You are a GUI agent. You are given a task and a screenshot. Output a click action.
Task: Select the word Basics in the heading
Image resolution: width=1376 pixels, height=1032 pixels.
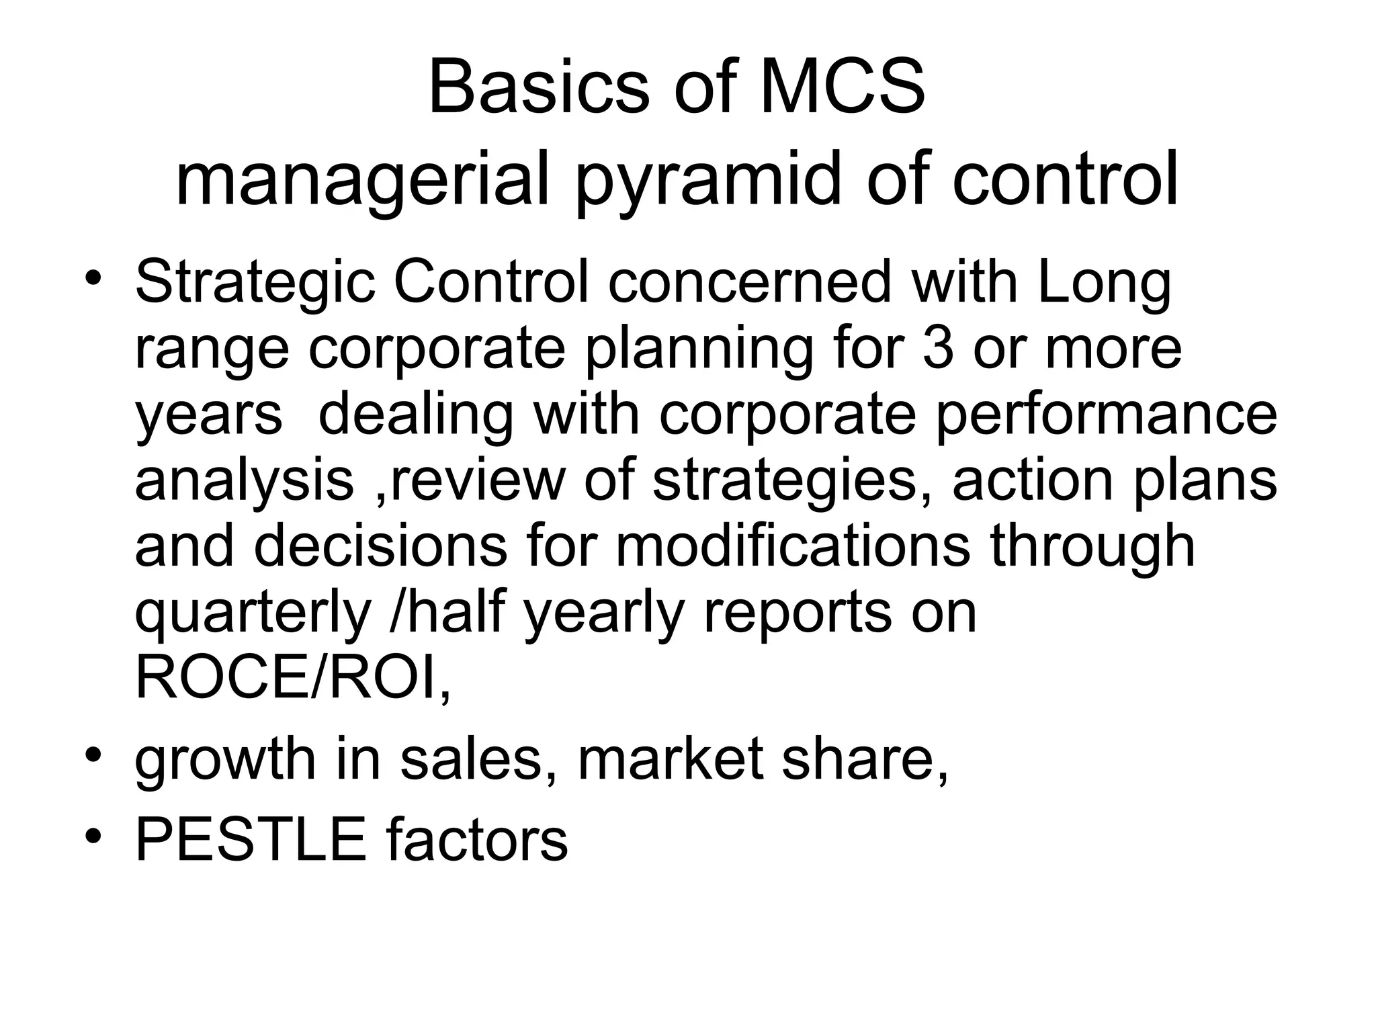point(538,88)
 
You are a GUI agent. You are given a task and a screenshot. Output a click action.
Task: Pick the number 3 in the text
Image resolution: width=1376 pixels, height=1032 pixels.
point(938,349)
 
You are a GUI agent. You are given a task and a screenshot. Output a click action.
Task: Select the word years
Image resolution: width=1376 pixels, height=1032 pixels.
point(209,415)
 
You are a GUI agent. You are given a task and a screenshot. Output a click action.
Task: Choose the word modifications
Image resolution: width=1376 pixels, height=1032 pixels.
point(793,546)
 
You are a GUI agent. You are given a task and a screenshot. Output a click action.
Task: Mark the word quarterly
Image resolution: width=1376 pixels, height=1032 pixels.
point(253,613)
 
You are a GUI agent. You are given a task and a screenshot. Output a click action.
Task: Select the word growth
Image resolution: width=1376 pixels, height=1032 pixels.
point(225,759)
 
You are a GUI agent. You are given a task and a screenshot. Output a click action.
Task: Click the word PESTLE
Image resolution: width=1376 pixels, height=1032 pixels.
point(251,840)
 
